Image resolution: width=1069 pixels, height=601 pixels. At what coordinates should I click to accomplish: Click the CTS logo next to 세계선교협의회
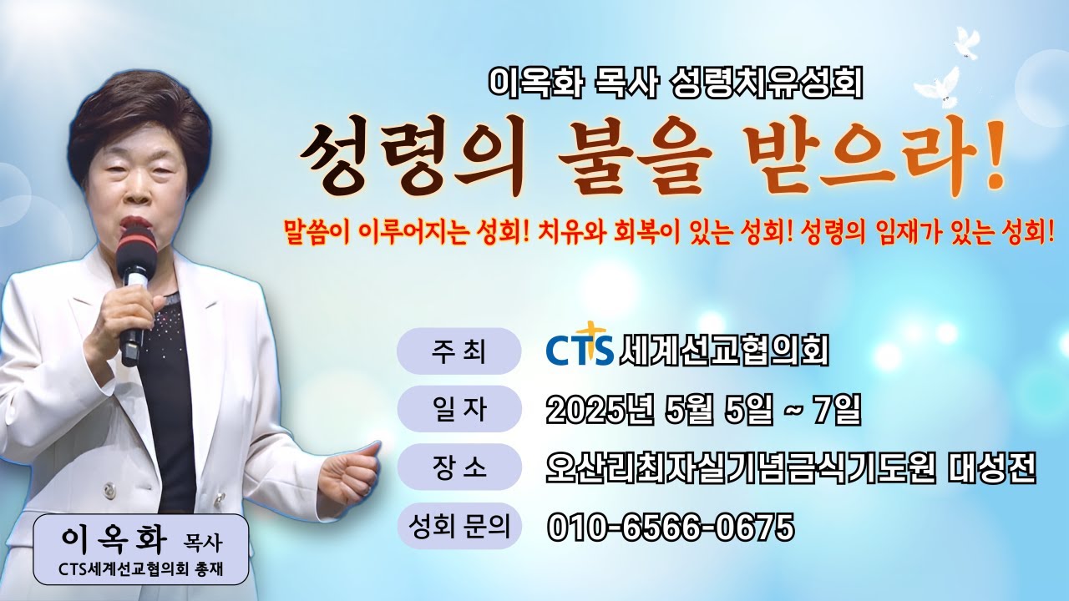(x=580, y=351)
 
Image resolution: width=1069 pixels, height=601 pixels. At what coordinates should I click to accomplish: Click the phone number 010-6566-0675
(x=671, y=527)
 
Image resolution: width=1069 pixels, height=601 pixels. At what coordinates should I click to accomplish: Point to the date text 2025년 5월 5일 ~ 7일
(x=702, y=409)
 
